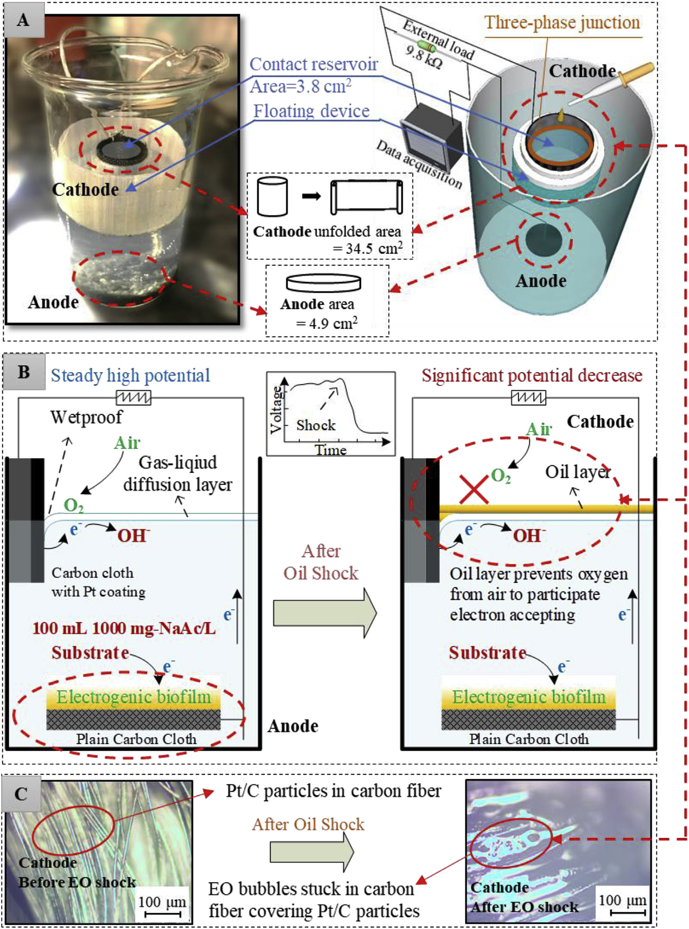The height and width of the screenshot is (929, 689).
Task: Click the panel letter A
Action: click(23, 20)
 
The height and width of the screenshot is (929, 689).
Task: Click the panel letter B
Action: click(23, 372)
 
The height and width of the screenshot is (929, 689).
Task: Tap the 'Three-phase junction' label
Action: click(562, 22)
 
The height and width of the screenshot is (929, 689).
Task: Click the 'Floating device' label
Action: click(312, 111)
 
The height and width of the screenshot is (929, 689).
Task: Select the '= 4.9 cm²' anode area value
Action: click(327, 323)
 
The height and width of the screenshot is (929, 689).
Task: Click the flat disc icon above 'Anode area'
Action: click(323, 282)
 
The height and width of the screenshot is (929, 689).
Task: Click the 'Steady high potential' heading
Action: click(130, 375)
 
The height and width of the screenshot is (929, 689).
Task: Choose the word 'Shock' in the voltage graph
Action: click(316, 425)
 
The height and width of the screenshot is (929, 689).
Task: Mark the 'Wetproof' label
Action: click(86, 417)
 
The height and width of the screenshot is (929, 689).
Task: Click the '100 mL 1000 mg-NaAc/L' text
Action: click(124, 628)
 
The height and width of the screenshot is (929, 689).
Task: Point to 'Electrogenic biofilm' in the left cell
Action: click(134, 697)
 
